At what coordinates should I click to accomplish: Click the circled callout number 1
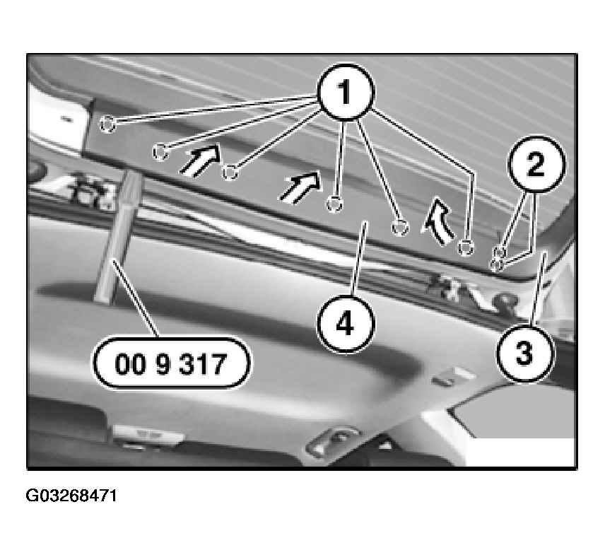coord(346,92)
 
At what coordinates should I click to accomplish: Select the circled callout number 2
coord(536,164)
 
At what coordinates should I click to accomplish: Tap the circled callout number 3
coord(524,353)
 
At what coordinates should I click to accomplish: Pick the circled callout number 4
coord(346,324)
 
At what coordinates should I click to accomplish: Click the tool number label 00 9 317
coord(171,363)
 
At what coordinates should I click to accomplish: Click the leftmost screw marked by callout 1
coord(107,124)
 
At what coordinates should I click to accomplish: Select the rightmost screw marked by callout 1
coord(466,247)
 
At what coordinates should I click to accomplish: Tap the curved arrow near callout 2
coord(439,223)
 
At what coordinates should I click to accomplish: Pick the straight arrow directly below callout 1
coord(300,187)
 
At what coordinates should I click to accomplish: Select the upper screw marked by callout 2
coord(500,252)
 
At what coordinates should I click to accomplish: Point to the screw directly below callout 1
coord(334,204)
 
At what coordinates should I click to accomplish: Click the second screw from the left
coord(160,151)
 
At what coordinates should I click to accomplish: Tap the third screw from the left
coord(230,172)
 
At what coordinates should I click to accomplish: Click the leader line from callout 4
coord(359,259)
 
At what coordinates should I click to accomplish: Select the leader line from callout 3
coord(538,288)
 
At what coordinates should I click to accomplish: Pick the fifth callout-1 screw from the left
coord(400,227)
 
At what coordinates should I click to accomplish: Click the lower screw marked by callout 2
coord(495,264)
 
